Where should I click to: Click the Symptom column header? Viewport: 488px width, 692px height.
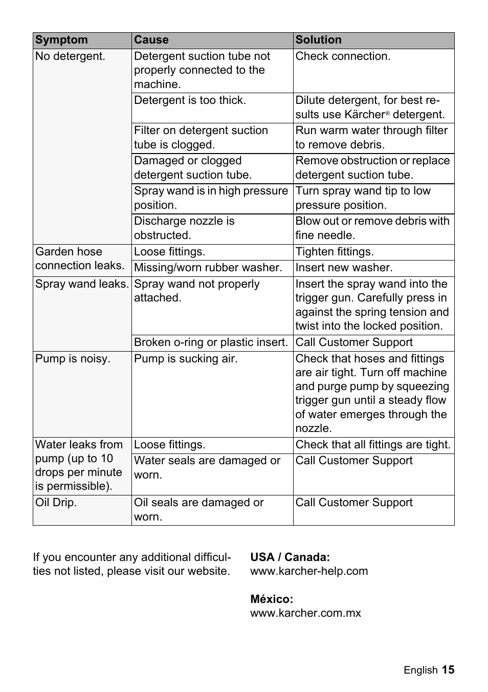tap(61, 40)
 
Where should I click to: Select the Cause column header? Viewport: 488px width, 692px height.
tap(151, 40)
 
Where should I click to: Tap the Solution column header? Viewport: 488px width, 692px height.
tap(318, 40)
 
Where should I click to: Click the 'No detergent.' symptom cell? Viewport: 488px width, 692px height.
tap(70, 56)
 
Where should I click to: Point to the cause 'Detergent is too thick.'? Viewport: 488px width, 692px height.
tap(190, 100)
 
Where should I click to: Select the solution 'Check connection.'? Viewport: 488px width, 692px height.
tap(343, 56)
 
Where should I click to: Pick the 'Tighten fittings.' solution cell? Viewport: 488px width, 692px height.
tap(335, 252)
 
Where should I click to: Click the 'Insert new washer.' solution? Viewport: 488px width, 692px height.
tap(344, 268)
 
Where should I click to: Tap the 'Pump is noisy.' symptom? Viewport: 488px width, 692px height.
tap(73, 359)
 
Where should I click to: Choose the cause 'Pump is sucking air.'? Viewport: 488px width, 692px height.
tap(186, 359)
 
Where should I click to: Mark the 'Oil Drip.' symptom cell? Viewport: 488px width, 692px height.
tap(56, 503)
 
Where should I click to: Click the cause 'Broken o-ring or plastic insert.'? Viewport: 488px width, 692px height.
tap(211, 342)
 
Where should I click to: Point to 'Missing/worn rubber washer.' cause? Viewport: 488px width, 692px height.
tap(208, 268)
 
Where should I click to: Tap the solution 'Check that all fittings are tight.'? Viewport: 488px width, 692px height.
tap(373, 445)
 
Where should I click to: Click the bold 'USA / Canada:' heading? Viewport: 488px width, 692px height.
tap(290, 557)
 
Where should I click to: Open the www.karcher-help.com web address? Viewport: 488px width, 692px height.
tap(309, 571)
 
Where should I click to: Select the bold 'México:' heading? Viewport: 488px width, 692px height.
tap(272, 599)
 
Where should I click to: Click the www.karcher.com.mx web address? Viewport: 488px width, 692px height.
tap(305, 613)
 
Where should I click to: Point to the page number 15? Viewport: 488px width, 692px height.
tap(448, 670)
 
